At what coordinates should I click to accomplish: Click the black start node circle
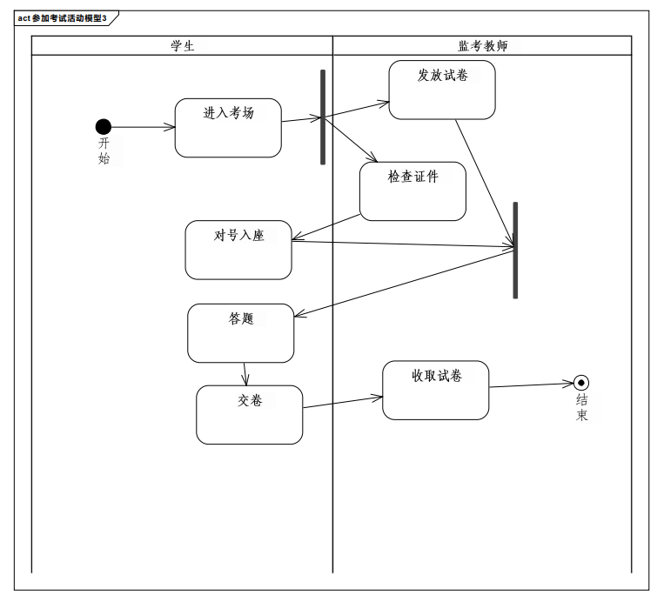tap(104, 127)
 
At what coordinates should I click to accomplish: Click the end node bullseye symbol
tap(581, 383)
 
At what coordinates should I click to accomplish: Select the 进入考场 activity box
tap(228, 128)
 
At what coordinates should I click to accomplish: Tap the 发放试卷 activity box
tap(442, 90)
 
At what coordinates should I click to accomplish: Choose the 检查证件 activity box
tap(412, 191)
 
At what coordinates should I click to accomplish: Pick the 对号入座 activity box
tap(238, 250)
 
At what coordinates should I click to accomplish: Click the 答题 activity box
tap(241, 333)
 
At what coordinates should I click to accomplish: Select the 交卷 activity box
tap(250, 415)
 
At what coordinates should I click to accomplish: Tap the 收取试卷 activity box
tap(436, 391)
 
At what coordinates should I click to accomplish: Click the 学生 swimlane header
tap(182, 46)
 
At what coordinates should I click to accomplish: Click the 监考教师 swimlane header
tap(482, 46)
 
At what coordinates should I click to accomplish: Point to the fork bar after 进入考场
tap(323, 117)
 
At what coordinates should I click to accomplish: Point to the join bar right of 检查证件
tap(515, 251)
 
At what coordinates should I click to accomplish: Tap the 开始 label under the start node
tap(104, 150)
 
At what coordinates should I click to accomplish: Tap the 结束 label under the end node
tap(582, 408)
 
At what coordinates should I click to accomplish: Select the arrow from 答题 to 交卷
tap(245, 374)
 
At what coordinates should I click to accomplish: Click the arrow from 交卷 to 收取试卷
tap(343, 402)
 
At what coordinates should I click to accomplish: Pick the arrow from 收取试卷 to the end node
tap(531, 385)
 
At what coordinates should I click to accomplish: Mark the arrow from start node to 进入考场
tap(143, 127)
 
